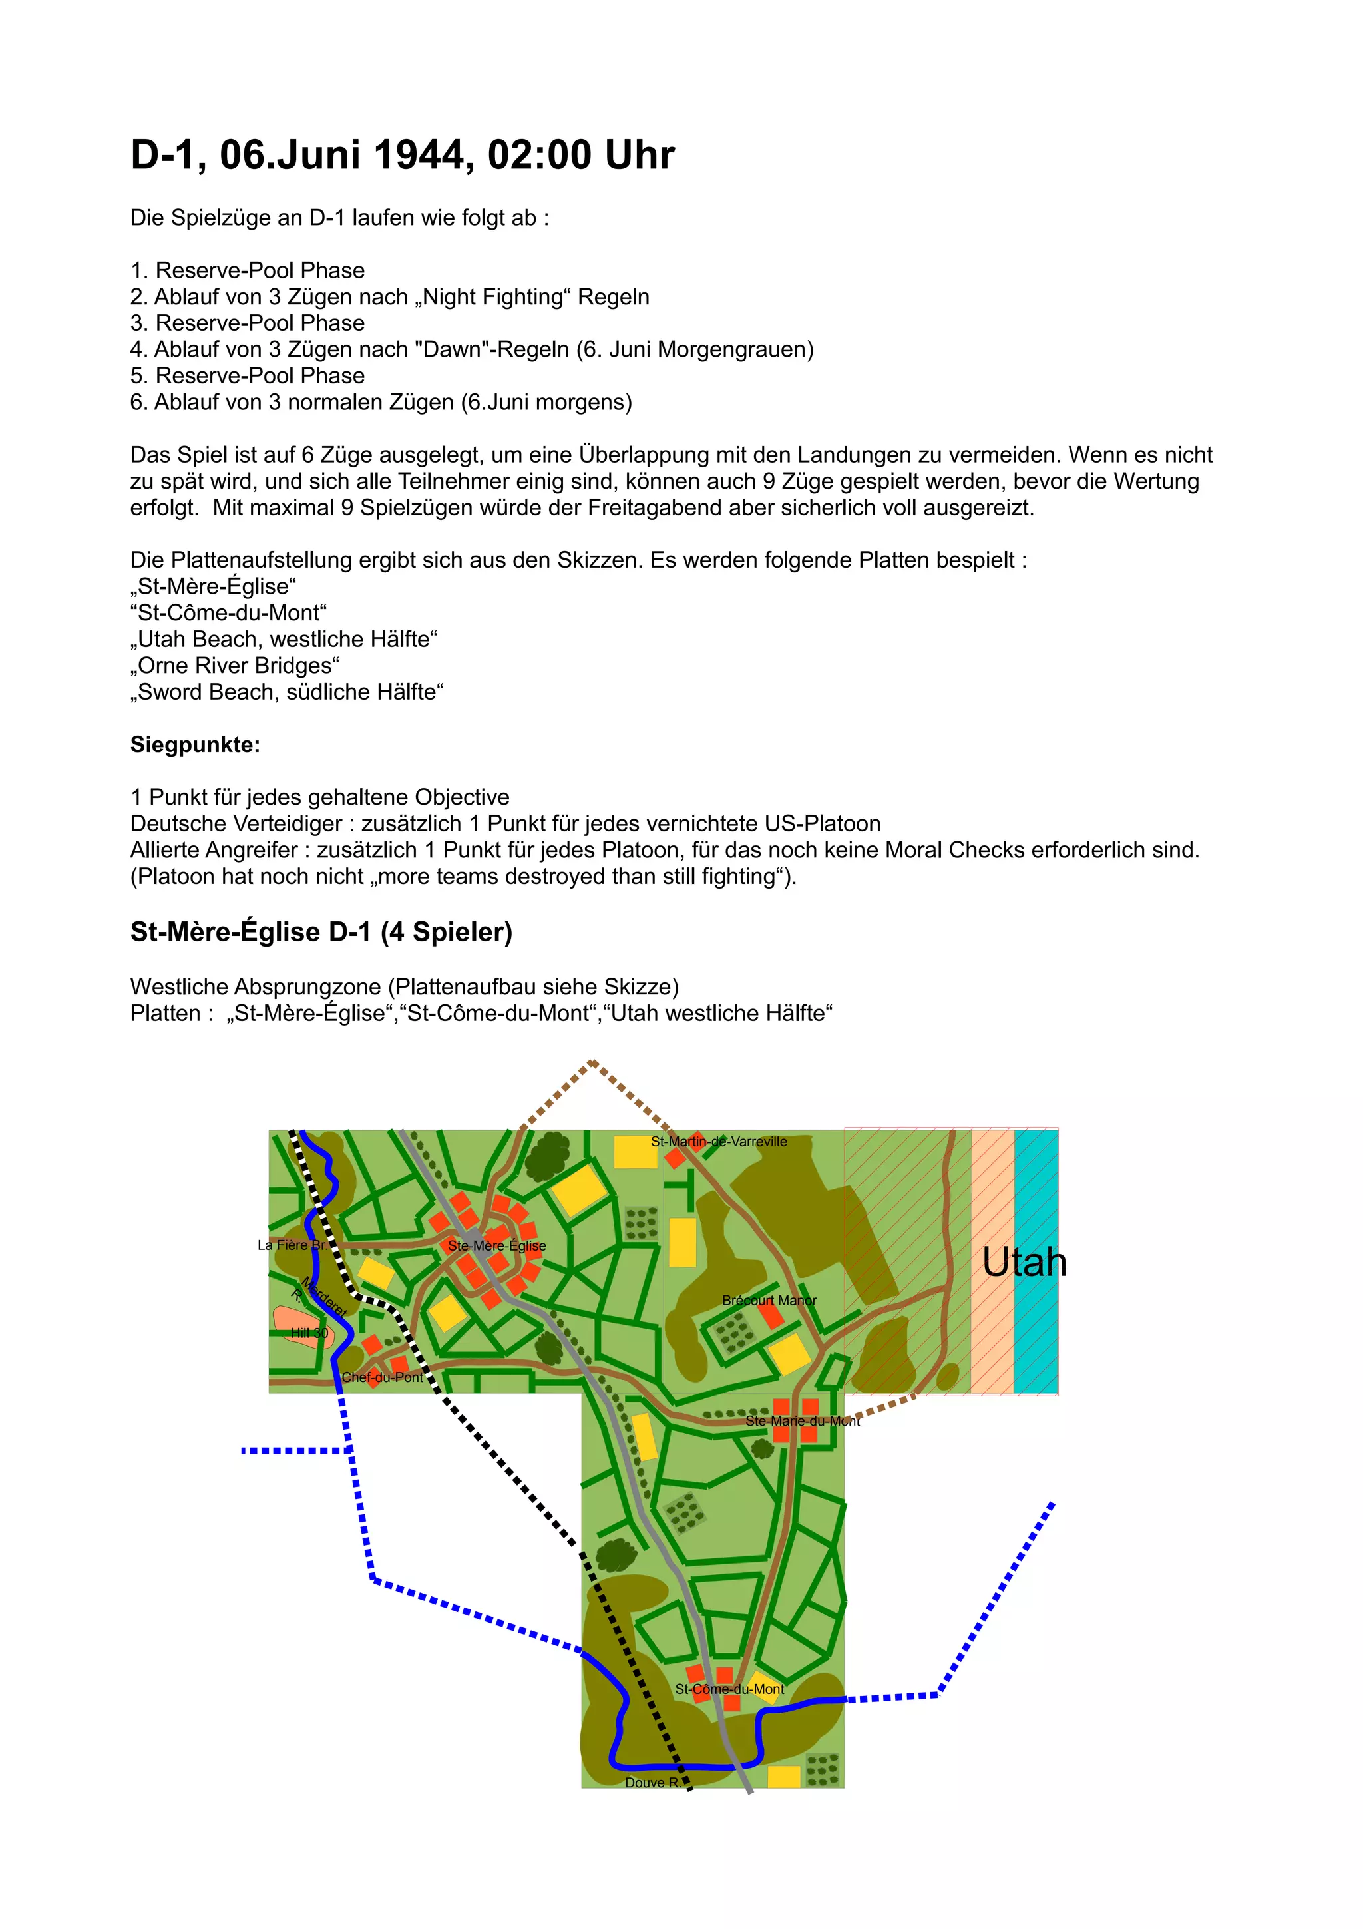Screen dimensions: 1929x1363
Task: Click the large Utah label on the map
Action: (1024, 1263)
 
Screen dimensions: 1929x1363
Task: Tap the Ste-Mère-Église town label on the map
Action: (496, 1246)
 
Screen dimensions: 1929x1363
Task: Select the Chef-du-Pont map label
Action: (382, 1377)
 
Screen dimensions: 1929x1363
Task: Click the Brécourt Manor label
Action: (769, 1301)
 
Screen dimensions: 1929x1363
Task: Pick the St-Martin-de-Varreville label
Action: (719, 1142)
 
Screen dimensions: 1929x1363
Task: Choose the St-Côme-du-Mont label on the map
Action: (729, 1689)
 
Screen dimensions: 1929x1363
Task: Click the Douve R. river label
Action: (652, 1783)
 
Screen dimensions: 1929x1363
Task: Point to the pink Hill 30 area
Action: (301, 1326)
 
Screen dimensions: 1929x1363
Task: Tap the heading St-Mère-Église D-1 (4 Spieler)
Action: (321, 932)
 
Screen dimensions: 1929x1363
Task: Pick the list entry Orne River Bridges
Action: (235, 666)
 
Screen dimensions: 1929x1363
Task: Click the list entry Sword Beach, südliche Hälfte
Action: (286, 692)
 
